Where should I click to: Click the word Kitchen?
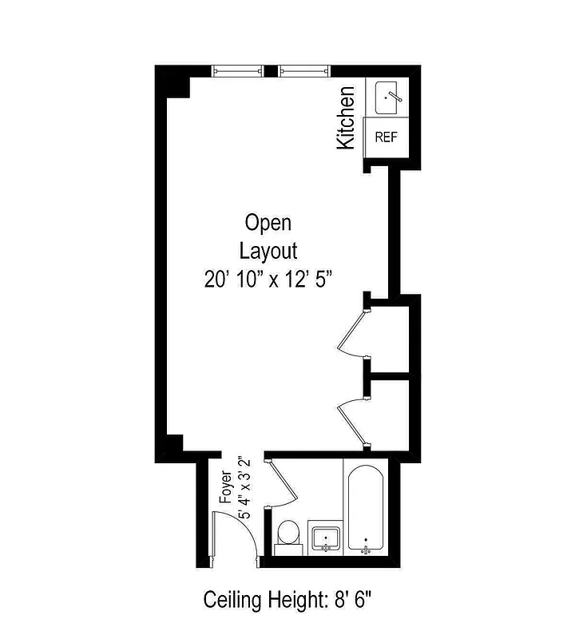tap(346, 118)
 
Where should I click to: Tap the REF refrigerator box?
tap(386, 137)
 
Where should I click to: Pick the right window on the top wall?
tap(305, 71)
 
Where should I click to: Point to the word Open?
tap(268, 221)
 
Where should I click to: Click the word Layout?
tap(268, 250)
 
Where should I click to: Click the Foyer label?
tap(226, 490)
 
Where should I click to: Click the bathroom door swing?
tap(281, 484)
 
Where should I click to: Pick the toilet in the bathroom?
tap(287, 536)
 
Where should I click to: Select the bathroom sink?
tap(325, 538)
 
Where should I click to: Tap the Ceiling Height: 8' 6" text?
tap(287, 598)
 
